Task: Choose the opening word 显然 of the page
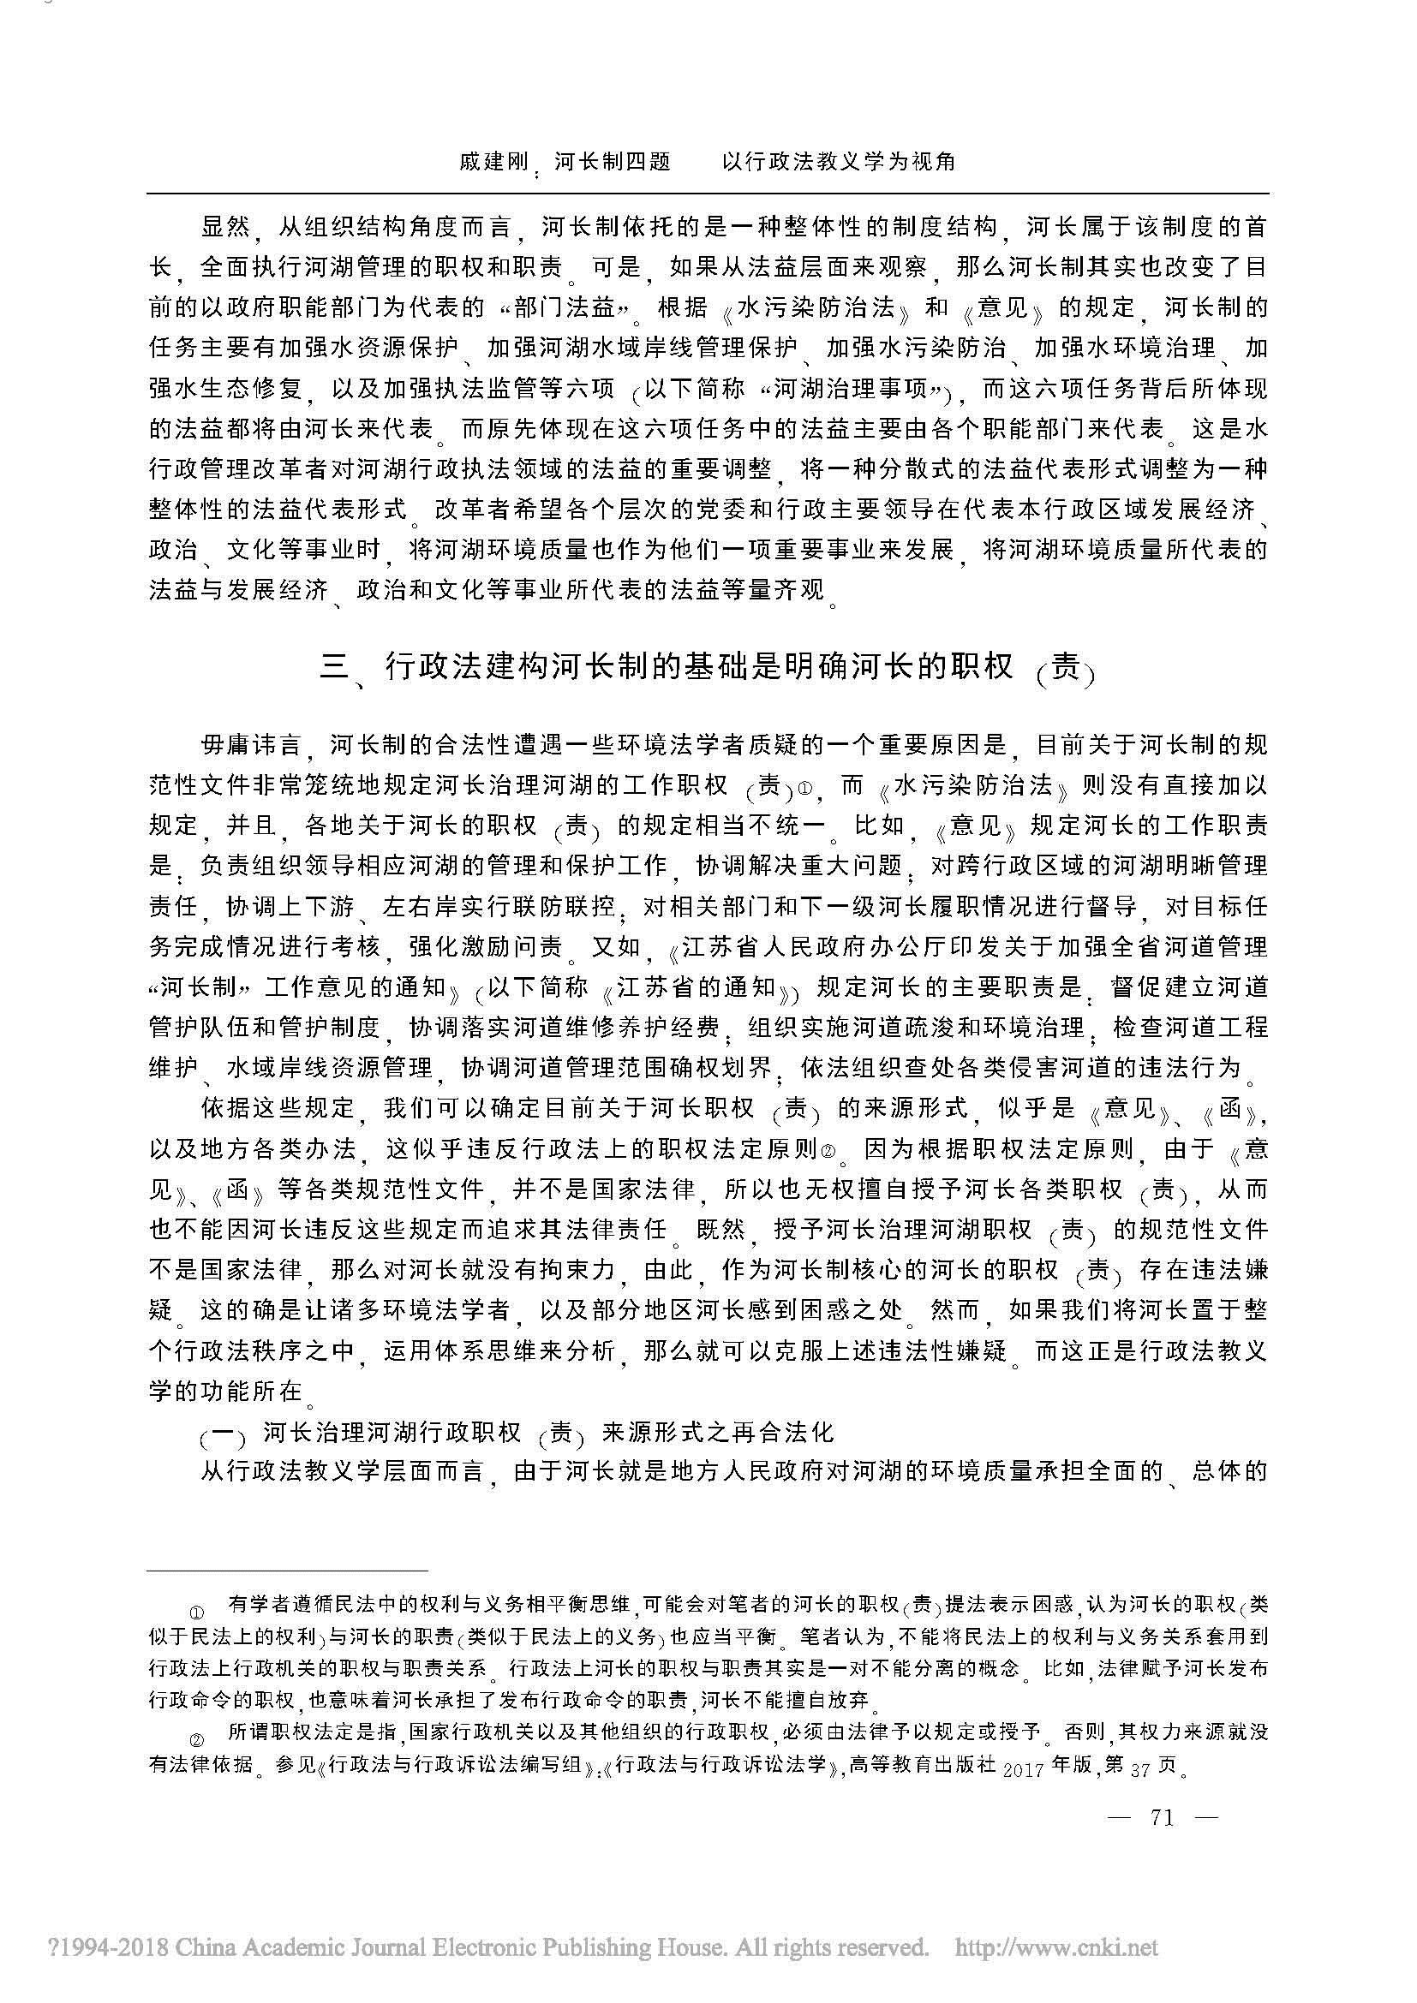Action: click(226, 229)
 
